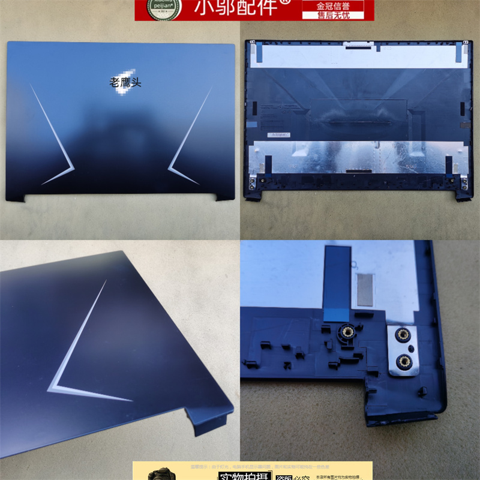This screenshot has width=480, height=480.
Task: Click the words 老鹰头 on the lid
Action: click(126, 83)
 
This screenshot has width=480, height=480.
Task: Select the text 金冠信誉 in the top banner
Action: click(340, 5)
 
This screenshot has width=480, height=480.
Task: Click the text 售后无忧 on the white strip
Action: click(340, 14)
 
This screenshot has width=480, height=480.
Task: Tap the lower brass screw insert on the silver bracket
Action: click(403, 360)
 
